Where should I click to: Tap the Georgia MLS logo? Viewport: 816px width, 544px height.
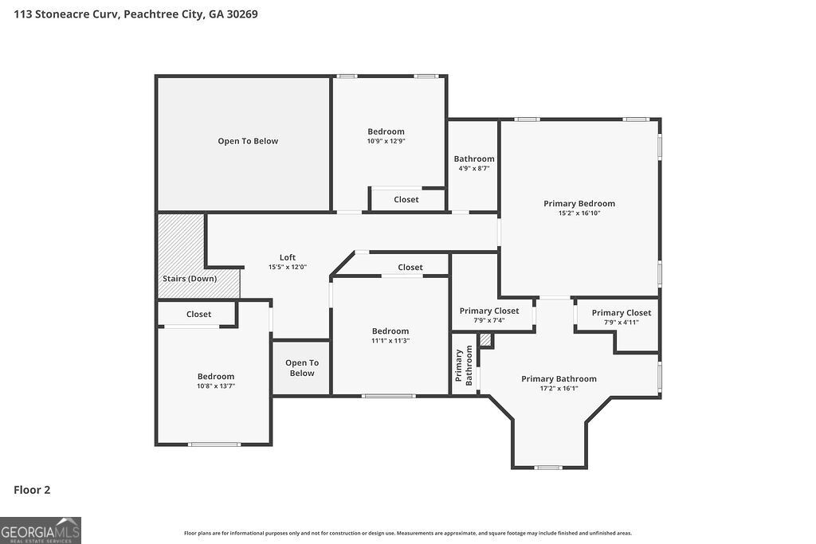click(x=41, y=530)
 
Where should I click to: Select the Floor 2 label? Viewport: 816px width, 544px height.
click(x=32, y=490)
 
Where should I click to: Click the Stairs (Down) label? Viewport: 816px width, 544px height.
click(x=190, y=279)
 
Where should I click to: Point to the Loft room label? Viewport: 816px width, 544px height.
click(x=288, y=257)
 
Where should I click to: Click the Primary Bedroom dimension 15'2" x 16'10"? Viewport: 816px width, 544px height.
click(x=579, y=213)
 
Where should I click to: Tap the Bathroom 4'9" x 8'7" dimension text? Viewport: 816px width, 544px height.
click(x=474, y=169)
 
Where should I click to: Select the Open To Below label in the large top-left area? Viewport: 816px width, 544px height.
click(x=248, y=141)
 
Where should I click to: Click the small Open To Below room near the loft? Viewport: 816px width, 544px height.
click(x=302, y=368)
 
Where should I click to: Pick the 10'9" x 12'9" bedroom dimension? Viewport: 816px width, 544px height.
click(x=386, y=142)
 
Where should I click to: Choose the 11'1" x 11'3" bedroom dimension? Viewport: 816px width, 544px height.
click(x=390, y=341)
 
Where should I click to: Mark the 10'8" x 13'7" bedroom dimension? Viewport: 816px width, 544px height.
click(x=216, y=386)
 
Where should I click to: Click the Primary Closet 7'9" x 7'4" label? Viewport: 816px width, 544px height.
click(x=489, y=321)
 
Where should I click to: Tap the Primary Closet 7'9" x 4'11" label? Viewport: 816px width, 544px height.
click(x=622, y=322)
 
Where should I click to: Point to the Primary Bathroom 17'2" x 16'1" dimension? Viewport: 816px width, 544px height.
click(x=559, y=389)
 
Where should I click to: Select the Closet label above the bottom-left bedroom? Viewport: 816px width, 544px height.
click(x=199, y=315)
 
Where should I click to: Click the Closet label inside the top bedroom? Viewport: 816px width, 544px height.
click(x=406, y=199)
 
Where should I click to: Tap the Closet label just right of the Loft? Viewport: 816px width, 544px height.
click(x=410, y=268)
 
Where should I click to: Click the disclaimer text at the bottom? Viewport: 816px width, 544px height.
click(x=408, y=533)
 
